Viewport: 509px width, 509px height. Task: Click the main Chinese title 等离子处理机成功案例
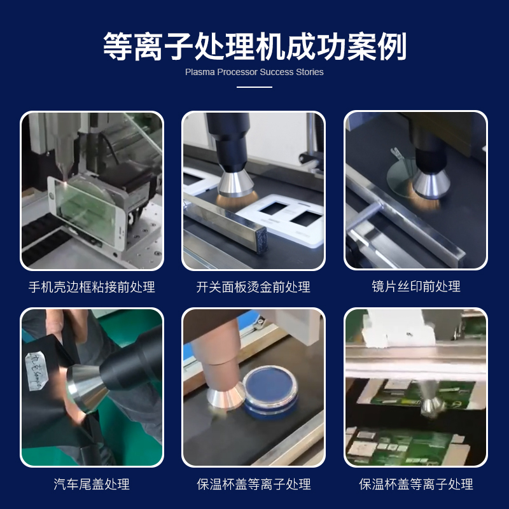[x=254, y=46]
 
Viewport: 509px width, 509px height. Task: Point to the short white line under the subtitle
[x=254, y=87]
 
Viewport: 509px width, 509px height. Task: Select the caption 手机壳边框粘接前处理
[x=92, y=287]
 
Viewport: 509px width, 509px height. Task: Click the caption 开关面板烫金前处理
[x=253, y=287]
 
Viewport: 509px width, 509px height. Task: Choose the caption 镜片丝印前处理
[x=416, y=287]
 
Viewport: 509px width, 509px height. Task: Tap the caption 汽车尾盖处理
[x=92, y=484]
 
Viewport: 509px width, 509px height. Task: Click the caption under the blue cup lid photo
[x=254, y=484]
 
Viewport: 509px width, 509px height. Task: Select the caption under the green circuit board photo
[x=416, y=484]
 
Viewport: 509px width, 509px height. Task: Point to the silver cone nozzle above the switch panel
[x=235, y=185]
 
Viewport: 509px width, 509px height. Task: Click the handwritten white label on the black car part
[x=36, y=371]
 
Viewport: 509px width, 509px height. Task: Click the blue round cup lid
[x=270, y=390]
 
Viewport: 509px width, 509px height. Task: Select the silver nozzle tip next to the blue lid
[x=227, y=396]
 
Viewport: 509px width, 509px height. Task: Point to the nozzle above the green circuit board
[x=430, y=401]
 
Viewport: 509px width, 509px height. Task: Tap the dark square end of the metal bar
[x=261, y=241]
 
